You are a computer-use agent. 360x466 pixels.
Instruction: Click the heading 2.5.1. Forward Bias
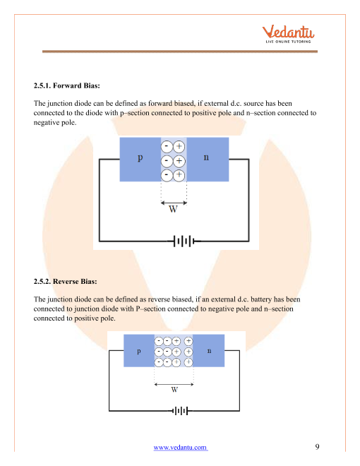pos(67,85)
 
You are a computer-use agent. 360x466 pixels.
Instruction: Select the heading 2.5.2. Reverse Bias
pos(66,282)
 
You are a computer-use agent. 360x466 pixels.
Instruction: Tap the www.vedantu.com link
pos(180,447)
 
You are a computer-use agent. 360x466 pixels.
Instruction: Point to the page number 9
pos(317,447)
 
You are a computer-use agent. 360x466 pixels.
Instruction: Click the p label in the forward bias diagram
pos(140,157)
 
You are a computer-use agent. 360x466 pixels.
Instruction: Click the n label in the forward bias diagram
pos(206,157)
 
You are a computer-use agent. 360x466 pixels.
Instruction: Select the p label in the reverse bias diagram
pos(139,352)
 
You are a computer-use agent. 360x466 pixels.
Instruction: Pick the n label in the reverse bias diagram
pos(209,351)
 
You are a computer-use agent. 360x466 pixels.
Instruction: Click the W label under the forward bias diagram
pos(173,209)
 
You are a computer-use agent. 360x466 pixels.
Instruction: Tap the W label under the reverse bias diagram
pos(174,389)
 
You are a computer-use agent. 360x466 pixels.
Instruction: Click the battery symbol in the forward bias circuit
pos(184,241)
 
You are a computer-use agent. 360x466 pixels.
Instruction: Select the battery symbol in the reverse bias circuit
pos(180,411)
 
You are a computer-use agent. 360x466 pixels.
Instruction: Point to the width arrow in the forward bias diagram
pos(174,203)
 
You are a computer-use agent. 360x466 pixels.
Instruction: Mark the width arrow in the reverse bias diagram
pos(174,384)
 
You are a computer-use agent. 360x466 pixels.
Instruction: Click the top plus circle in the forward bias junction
pos(179,147)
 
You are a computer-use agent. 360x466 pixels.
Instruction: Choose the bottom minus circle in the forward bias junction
pos(167,175)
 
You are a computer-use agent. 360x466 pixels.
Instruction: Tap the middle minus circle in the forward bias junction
pos(167,161)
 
